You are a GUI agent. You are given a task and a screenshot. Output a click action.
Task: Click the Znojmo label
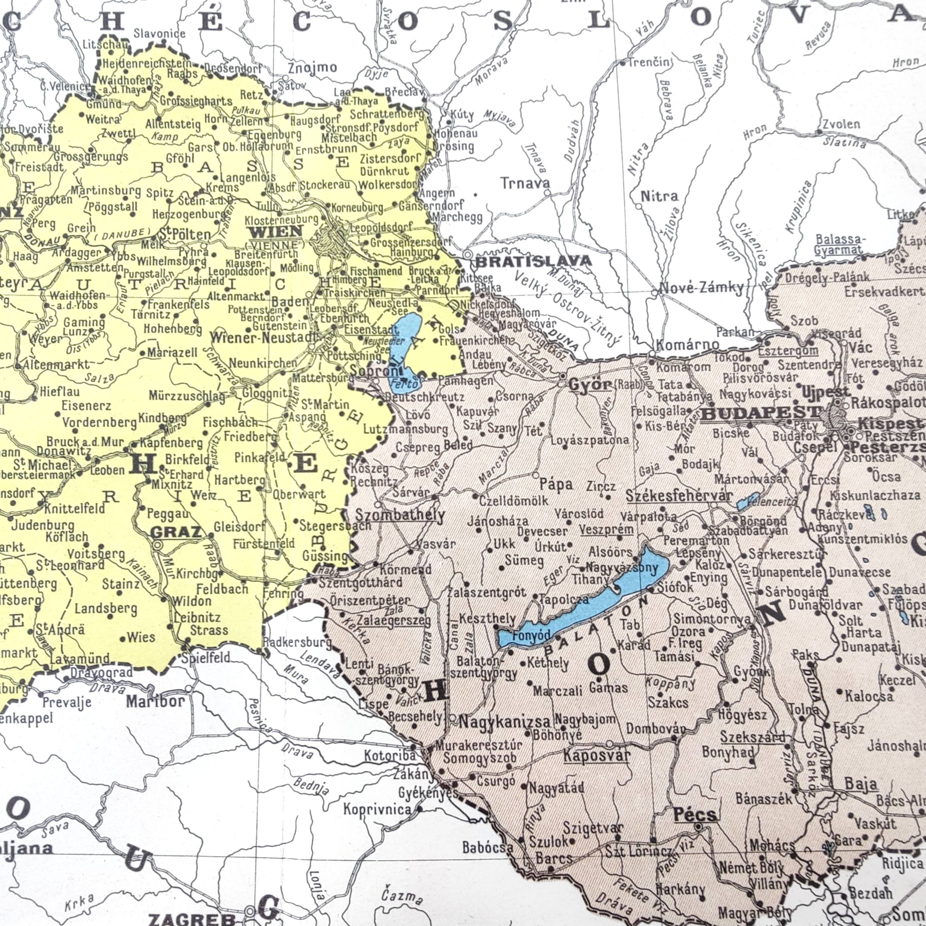coord(312,68)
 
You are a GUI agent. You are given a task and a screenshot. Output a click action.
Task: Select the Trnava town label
coord(525,183)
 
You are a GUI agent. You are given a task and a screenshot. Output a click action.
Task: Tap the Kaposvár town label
coord(596,756)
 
